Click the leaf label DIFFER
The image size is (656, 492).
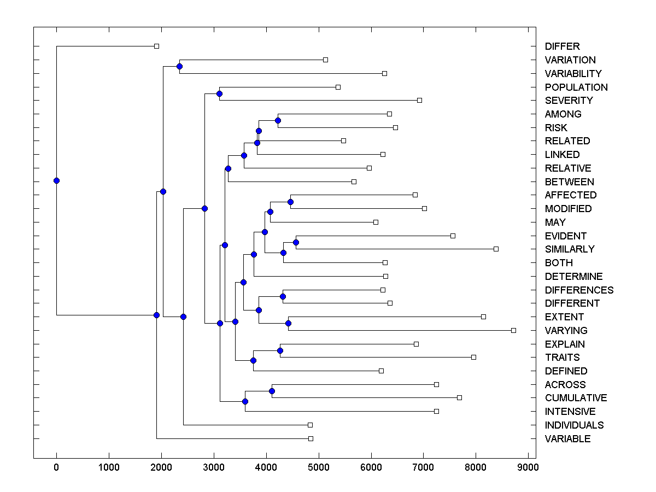[562, 46]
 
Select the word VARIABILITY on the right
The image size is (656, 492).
[573, 73]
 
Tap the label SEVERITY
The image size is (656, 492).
[569, 101]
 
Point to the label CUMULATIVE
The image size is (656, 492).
[576, 398]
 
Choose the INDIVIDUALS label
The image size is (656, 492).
[574, 425]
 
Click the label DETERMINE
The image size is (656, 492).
[573, 277]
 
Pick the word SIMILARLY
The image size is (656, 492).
[570, 249]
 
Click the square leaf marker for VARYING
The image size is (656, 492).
[513, 330]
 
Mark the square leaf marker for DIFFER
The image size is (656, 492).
[156, 46]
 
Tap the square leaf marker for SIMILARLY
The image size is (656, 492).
[496, 249]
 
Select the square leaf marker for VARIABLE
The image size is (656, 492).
[311, 438]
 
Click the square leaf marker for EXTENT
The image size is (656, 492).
[483, 317]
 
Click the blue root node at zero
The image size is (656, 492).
[56, 180]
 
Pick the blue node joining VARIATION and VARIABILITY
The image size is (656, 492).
[179, 66]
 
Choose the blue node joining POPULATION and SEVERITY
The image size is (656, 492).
[219, 93]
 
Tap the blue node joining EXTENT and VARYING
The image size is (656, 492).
[288, 323]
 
